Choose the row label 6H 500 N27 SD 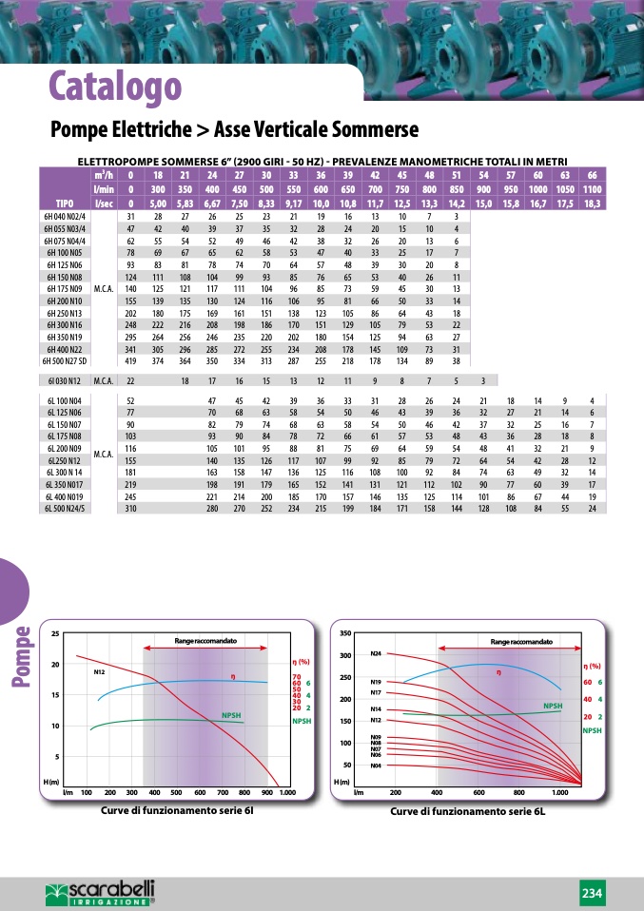pyautogui.click(x=65, y=361)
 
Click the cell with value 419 pyautogui.click(x=131, y=361)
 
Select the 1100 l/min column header pyautogui.click(x=592, y=189)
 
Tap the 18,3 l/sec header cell pyautogui.click(x=592, y=203)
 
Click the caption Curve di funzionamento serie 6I pyautogui.click(x=177, y=811)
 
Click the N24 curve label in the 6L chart pyautogui.click(x=376, y=655)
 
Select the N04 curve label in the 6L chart pyautogui.click(x=376, y=766)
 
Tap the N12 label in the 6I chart pyautogui.click(x=99, y=672)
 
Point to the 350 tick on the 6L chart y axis pyautogui.click(x=344, y=633)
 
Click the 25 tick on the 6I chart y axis pyautogui.click(x=54, y=633)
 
